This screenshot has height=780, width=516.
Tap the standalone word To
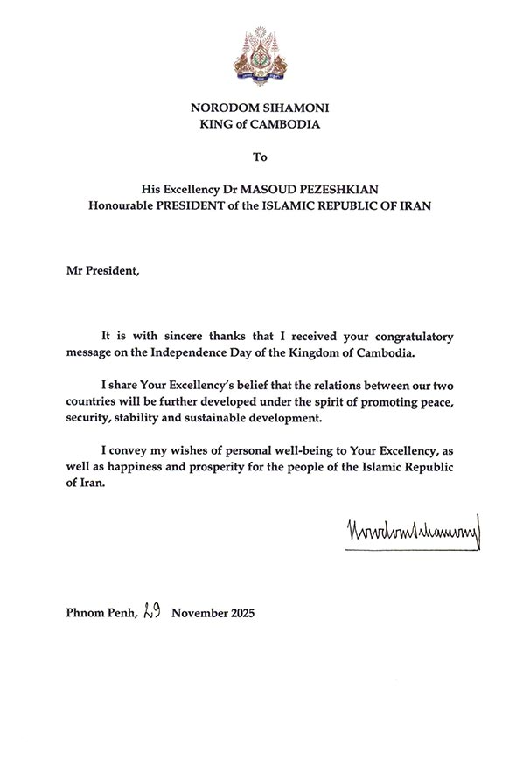(x=258, y=157)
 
